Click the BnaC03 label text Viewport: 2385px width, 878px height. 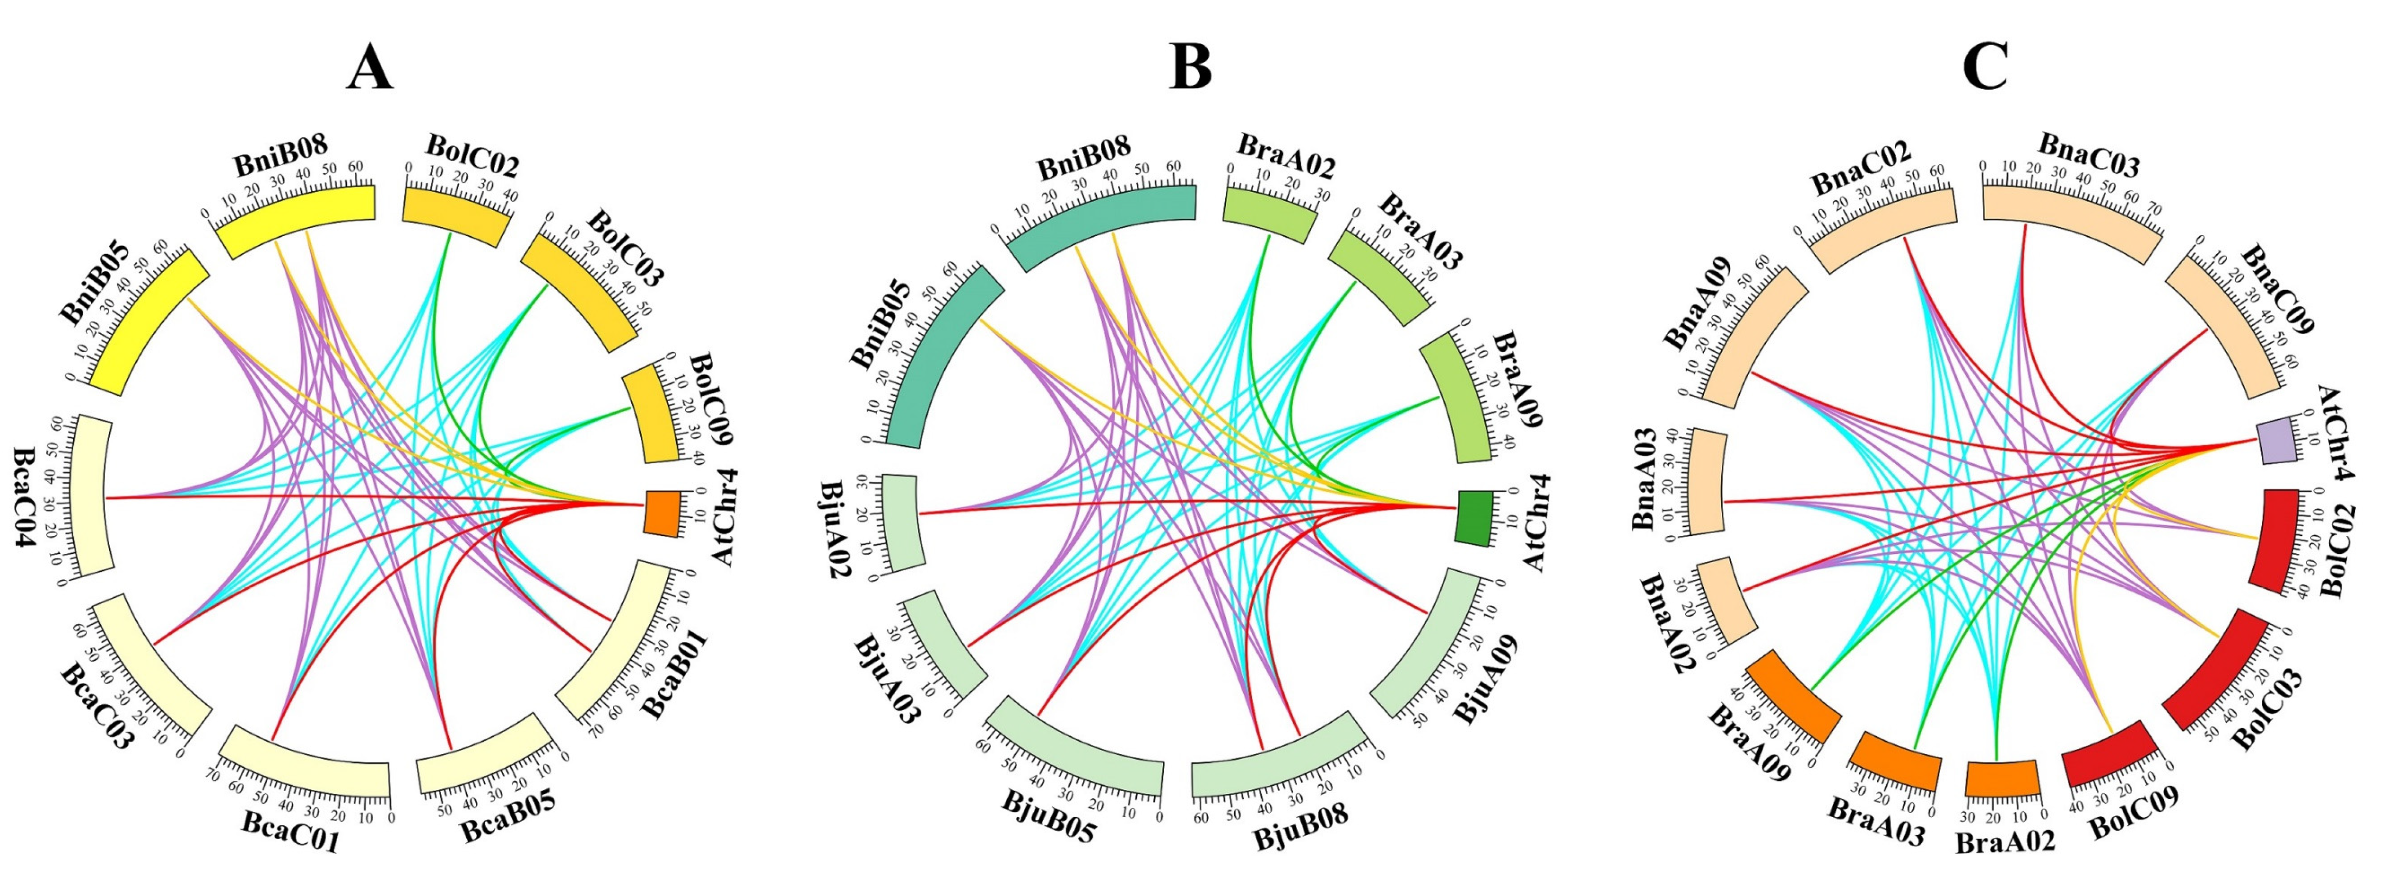2088,156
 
